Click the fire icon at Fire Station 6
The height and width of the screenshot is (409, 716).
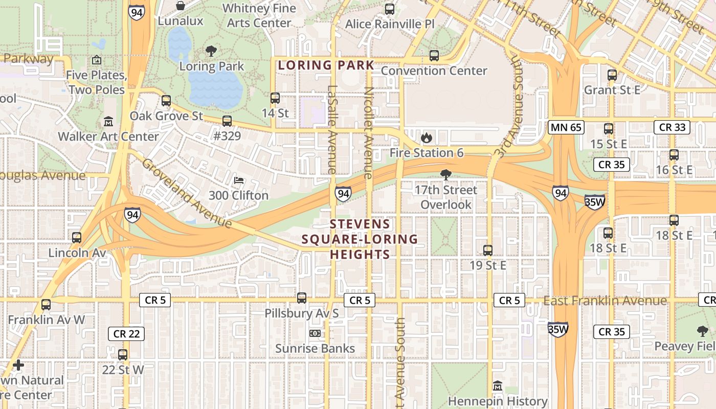[426, 137]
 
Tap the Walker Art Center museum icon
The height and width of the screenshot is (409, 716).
[108, 122]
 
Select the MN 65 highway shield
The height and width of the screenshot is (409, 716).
[566, 127]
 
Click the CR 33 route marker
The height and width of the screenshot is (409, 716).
[672, 127]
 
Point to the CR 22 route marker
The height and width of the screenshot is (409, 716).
[126, 334]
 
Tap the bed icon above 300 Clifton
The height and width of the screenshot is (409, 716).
[238, 180]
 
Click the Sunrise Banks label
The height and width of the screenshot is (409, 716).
[315, 349]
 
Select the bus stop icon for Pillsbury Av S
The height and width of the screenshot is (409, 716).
[302, 298]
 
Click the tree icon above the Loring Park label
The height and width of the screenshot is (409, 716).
[211, 51]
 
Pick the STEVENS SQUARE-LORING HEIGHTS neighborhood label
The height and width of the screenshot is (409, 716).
[360, 239]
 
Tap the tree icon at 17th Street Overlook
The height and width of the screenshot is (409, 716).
[445, 175]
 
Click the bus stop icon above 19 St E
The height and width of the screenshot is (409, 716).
[488, 250]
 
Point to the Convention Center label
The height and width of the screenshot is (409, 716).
[434, 71]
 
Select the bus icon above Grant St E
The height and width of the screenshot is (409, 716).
[612, 75]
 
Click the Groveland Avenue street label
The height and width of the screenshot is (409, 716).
[187, 194]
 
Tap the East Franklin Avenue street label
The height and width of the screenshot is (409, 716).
[605, 301]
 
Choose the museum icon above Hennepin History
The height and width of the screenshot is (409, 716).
[498, 386]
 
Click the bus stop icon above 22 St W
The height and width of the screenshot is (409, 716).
[123, 354]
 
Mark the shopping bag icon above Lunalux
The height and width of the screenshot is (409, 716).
[181, 6]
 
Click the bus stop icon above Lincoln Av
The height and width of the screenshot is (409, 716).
[77, 237]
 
